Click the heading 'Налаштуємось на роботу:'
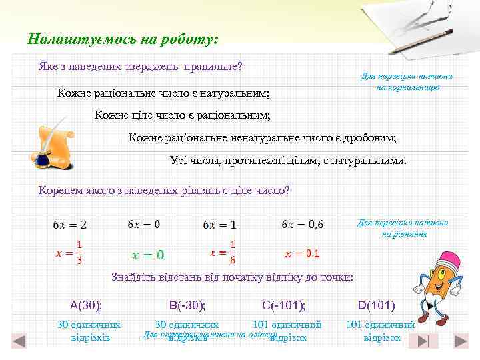123,39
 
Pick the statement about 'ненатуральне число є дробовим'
262,138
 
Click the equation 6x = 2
69,224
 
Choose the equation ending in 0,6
303,224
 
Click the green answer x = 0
148,255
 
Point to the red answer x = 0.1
303,253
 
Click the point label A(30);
86,305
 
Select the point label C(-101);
284,305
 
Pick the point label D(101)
376,305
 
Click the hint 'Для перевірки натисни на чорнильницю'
407,82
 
